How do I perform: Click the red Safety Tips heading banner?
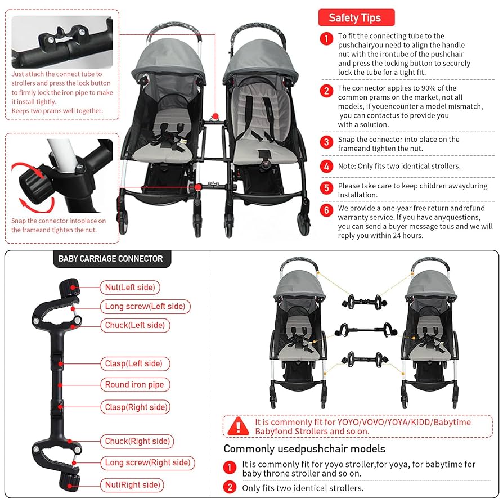click(356, 17)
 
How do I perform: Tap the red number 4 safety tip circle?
click(326, 166)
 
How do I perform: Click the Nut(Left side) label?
click(130, 288)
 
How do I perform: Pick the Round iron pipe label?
click(134, 385)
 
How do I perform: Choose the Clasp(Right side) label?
click(137, 407)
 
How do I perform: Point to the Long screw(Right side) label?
click(148, 463)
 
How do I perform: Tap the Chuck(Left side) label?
click(134, 325)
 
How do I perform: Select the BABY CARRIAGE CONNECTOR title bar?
click(111, 259)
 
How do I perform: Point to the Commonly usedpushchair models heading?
click(304, 449)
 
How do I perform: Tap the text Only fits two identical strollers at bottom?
click(303, 488)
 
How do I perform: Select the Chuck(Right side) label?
click(137, 441)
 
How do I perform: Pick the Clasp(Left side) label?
click(134, 363)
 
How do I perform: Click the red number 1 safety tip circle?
click(326, 38)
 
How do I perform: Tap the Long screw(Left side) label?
click(145, 306)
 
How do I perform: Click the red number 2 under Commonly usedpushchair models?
click(230, 487)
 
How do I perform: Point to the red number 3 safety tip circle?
click(326, 142)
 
